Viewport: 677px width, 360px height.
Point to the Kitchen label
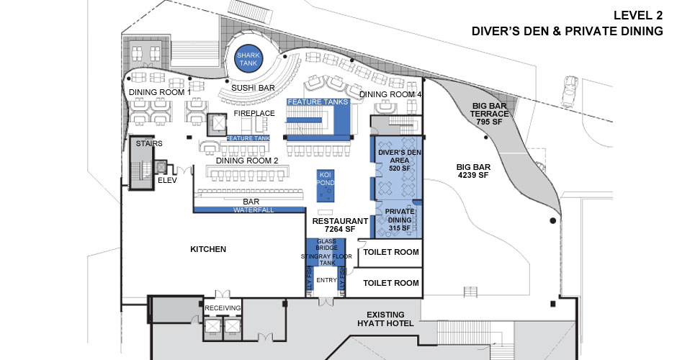tap(208, 249)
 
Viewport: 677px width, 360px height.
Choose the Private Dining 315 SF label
tap(399, 220)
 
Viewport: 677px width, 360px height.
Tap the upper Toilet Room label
tap(390, 252)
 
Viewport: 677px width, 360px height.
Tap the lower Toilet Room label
tap(390, 283)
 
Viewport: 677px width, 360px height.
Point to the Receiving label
tap(222, 308)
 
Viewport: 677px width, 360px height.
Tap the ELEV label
tap(167, 180)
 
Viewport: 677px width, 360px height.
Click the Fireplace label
tap(255, 114)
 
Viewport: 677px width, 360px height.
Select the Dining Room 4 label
tap(390, 94)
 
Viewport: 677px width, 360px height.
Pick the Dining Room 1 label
tap(159, 92)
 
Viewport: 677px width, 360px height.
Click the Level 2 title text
tap(637, 14)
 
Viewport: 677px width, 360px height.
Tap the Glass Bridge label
tap(327, 244)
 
